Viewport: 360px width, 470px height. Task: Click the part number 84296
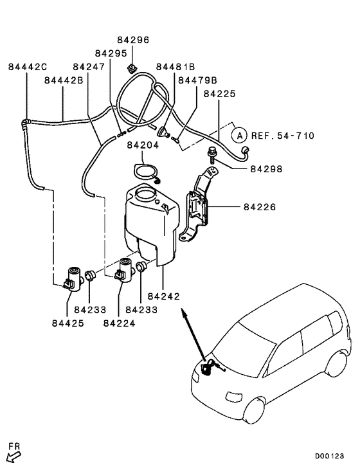click(x=133, y=39)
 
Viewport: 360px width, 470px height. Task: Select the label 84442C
click(x=28, y=67)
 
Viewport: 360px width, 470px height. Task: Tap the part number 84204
click(x=142, y=145)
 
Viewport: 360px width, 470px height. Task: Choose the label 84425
click(x=67, y=323)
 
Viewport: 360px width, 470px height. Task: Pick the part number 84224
click(x=119, y=323)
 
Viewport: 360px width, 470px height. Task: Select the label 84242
click(x=163, y=296)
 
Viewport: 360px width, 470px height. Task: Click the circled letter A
click(x=239, y=136)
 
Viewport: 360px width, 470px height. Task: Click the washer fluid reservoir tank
click(x=149, y=222)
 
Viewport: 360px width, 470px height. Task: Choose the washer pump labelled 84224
click(x=126, y=269)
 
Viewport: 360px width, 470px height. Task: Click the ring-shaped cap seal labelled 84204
click(x=145, y=172)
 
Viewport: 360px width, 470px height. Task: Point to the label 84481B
click(x=175, y=67)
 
